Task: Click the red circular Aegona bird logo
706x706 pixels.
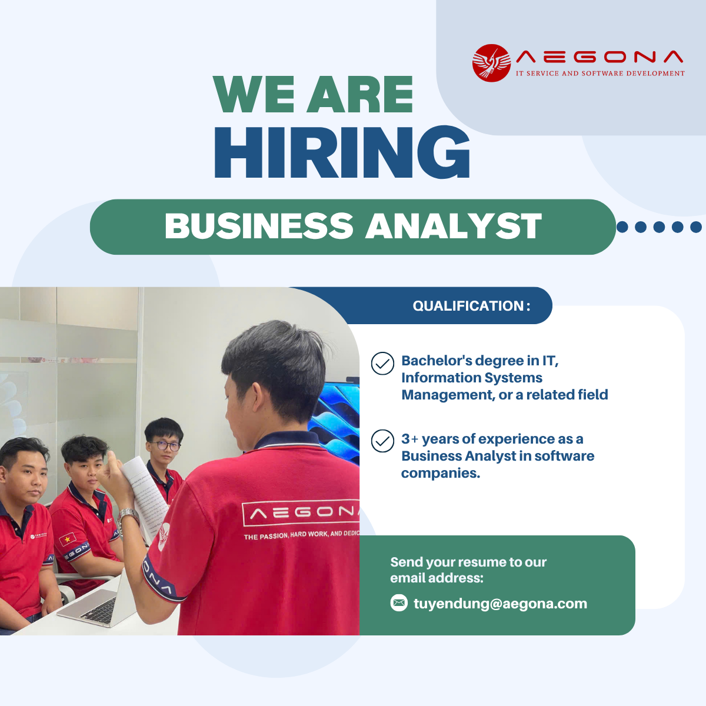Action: point(491,62)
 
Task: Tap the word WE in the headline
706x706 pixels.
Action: point(254,94)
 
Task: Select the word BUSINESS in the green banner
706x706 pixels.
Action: point(259,226)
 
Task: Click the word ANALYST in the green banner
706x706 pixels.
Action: point(454,226)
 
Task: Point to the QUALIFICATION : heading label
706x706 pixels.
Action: point(471,305)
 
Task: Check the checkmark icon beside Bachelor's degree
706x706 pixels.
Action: point(382,363)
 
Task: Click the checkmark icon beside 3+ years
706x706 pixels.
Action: point(382,441)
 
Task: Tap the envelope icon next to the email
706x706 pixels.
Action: point(399,602)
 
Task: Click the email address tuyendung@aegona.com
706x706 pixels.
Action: point(500,603)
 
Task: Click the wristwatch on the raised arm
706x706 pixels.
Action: point(128,515)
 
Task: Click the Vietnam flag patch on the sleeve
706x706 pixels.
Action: point(68,539)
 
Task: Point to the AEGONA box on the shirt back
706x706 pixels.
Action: point(301,513)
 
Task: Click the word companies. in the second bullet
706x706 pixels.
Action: point(441,473)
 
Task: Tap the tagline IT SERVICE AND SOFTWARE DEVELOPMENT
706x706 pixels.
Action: point(600,74)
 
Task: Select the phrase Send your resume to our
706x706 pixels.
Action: point(468,562)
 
